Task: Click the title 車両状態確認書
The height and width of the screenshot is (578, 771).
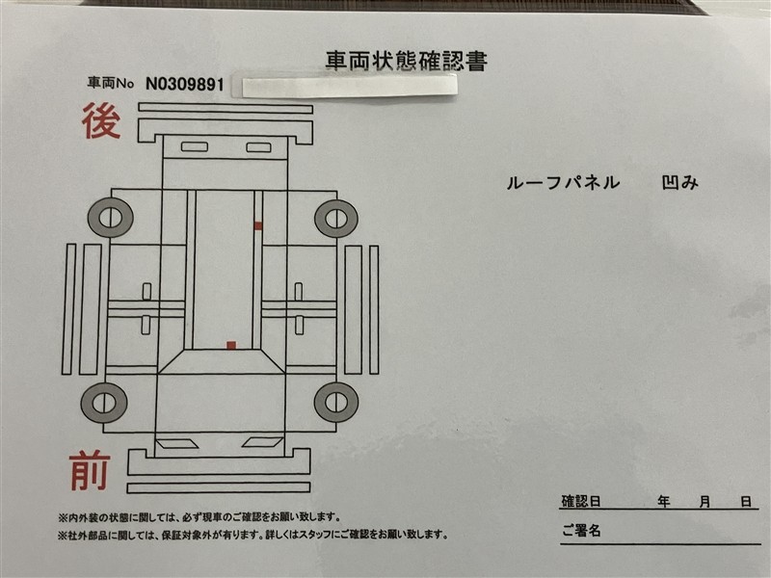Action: (406, 61)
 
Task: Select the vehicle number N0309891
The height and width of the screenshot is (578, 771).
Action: (185, 84)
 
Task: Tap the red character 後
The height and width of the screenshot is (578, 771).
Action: (101, 121)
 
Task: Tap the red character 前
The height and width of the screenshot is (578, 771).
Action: (90, 471)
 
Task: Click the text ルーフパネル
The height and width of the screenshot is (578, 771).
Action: (563, 183)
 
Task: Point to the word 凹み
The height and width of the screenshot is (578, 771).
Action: (680, 182)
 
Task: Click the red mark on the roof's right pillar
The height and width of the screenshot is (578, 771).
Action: (258, 225)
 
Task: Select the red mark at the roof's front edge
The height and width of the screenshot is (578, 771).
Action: (231, 346)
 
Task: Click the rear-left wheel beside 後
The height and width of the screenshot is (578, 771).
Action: (111, 218)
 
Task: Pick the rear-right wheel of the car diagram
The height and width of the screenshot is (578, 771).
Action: (336, 219)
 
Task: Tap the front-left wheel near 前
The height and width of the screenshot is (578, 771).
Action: (104, 403)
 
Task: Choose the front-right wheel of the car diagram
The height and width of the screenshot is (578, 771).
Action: (336, 402)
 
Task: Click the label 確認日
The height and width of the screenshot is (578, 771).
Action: (581, 501)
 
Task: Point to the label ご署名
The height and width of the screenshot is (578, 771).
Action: (581, 531)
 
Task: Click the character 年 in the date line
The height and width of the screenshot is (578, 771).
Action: (664, 501)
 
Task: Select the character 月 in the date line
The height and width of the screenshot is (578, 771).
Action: (705, 502)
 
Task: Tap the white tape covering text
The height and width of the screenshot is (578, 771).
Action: (349, 85)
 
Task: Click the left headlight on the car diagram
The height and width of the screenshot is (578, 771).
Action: (176, 443)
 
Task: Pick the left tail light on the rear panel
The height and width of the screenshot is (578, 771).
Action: (195, 146)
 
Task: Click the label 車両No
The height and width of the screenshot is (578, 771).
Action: (111, 83)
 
